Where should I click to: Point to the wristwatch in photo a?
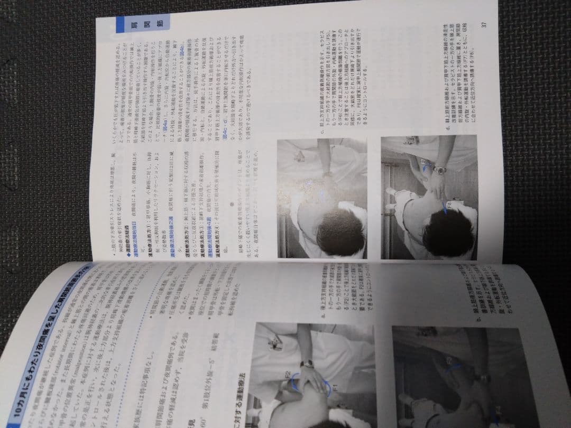pos(307,364)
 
